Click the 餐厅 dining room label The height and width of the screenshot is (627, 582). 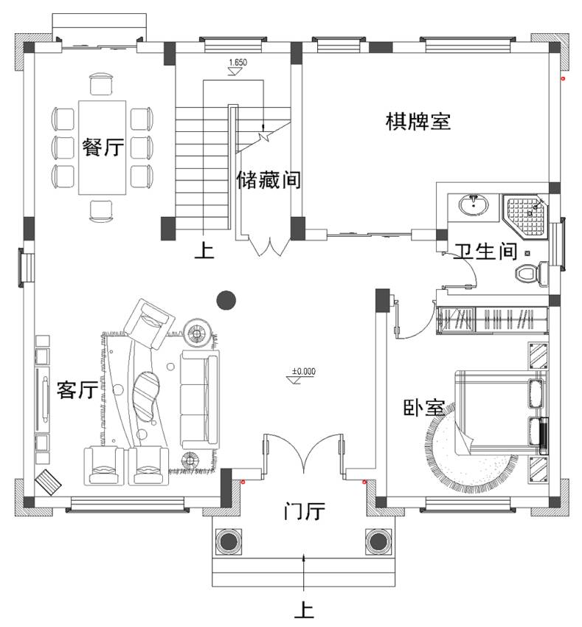[x=103, y=147]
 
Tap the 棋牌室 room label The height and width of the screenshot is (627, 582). [x=418, y=121]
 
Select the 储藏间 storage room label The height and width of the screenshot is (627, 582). [x=269, y=179]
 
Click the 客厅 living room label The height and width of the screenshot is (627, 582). [x=77, y=389]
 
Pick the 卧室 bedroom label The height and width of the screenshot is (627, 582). [x=423, y=408]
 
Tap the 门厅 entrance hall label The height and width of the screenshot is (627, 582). [x=305, y=511]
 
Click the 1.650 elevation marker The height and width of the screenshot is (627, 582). [x=238, y=66]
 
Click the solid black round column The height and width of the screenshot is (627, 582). [x=226, y=300]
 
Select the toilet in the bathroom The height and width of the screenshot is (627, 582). [x=531, y=274]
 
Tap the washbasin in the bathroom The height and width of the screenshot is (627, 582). [x=474, y=205]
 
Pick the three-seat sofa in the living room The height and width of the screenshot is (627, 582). [x=200, y=398]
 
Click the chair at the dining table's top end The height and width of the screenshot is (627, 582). [x=101, y=85]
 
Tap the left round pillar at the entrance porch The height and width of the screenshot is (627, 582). [x=229, y=541]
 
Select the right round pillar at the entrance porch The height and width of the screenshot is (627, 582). [x=378, y=541]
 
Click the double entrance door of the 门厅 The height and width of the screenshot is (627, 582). [x=304, y=454]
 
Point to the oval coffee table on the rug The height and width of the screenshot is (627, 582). [x=145, y=396]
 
